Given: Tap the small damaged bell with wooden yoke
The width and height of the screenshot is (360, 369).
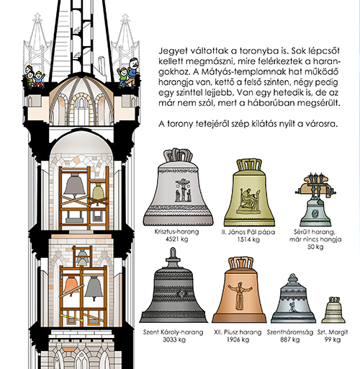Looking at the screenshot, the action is click(x=315, y=200).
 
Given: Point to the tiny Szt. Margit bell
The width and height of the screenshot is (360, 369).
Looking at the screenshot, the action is click(x=333, y=311).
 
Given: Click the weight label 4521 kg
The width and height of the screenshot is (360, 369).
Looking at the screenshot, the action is click(x=176, y=239).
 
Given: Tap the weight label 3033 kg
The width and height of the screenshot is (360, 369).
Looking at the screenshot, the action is click(x=174, y=339).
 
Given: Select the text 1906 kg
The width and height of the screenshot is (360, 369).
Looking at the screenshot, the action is click(x=238, y=339).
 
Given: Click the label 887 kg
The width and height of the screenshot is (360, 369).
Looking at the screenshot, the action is click(x=290, y=339).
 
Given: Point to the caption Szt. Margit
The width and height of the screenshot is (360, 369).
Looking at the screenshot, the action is click(x=333, y=332).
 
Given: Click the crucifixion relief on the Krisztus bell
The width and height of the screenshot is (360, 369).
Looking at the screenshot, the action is click(x=183, y=190).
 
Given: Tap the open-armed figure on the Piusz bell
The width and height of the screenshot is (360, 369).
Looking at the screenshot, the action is click(x=239, y=295).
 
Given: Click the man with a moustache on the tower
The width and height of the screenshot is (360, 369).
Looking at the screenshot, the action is click(x=132, y=71).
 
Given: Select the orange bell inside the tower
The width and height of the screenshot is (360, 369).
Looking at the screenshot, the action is click(x=71, y=285).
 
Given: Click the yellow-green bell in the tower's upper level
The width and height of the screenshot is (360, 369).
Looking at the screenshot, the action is click(x=98, y=192).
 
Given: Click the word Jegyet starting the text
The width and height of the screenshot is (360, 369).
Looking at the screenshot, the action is click(x=173, y=51).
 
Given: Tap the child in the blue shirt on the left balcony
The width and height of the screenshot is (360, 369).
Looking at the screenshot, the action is click(x=38, y=78).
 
